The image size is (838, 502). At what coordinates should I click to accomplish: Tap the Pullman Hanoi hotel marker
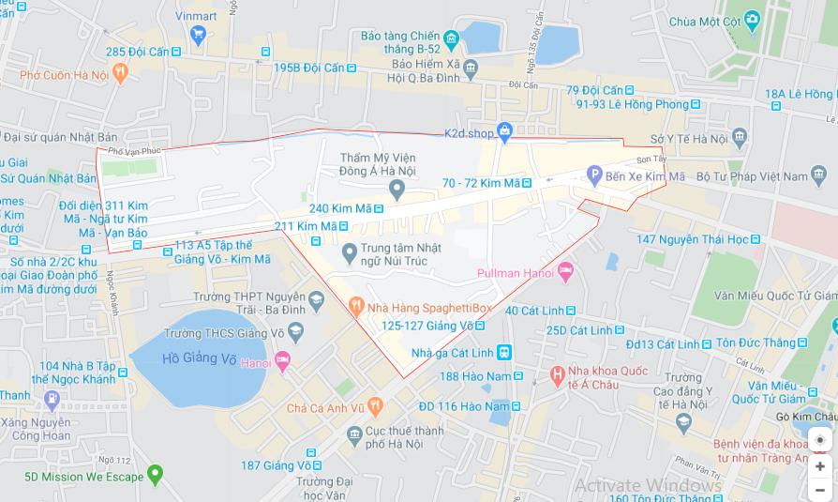[564, 272]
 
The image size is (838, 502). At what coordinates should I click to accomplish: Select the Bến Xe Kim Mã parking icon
[593, 175]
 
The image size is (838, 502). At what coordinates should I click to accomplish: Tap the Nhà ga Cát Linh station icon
[504, 352]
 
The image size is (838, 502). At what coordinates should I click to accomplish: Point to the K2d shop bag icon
[505, 132]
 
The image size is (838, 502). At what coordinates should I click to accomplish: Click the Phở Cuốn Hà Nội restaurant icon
[119, 72]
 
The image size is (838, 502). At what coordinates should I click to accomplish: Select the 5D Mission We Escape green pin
[156, 475]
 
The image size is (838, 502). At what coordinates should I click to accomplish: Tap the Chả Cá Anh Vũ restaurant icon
[375, 406]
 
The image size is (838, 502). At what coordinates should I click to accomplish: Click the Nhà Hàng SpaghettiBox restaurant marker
[356, 306]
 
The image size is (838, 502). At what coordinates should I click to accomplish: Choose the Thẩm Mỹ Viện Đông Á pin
[397, 191]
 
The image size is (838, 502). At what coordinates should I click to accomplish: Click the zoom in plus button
[820, 466]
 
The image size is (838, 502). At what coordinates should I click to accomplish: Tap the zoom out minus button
[820, 489]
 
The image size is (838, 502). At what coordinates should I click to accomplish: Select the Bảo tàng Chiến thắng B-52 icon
[451, 39]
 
